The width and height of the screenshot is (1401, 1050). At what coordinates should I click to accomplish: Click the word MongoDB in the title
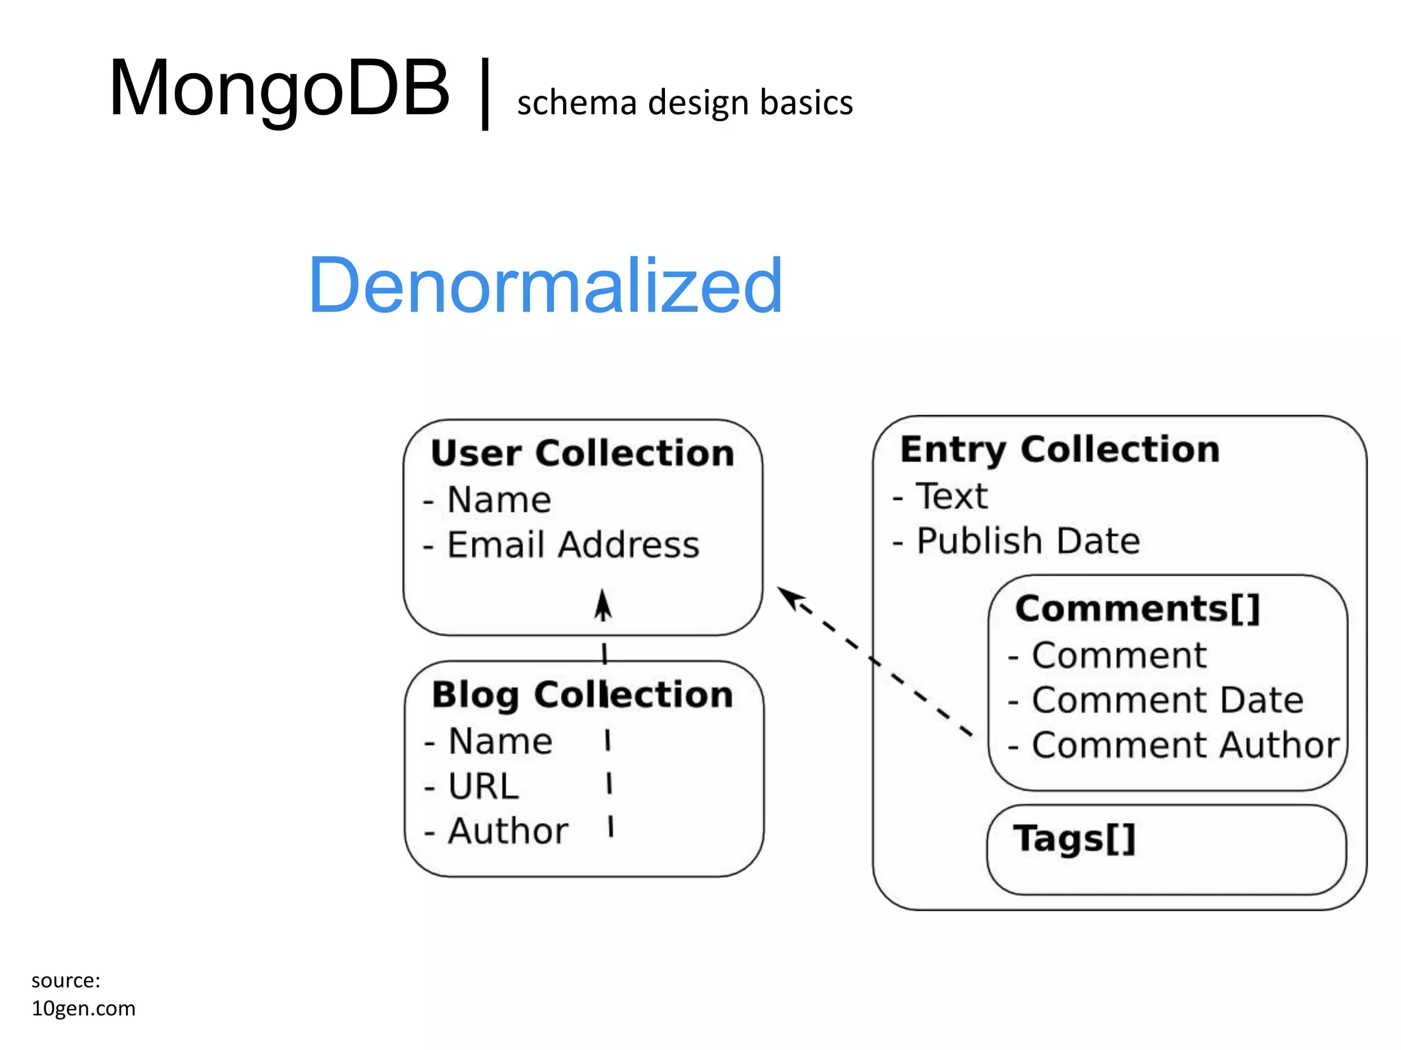click(x=279, y=89)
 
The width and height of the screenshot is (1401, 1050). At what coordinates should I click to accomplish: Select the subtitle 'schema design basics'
click(x=685, y=103)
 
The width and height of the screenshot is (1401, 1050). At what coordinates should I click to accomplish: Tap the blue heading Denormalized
click(x=545, y=285)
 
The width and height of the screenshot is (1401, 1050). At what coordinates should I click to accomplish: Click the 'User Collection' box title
click(x=582, y=453)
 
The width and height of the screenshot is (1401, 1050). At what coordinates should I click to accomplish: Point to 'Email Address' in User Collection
click(x=573, y=545)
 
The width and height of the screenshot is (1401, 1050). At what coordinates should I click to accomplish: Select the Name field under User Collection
click(x=499, y=500)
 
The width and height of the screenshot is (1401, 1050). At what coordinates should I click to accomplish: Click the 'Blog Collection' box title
click(x=582, y=695)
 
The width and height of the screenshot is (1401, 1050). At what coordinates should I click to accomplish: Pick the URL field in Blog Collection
click(x=483, y=786)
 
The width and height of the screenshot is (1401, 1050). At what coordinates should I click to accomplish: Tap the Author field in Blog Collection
click(x=508, y=831)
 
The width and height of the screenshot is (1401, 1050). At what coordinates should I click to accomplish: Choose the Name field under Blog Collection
click(x=500, y=741)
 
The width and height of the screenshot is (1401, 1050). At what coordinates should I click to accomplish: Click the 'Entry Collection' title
click(x=1060, y=450)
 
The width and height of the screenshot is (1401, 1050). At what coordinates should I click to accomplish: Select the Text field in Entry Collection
click(x=952, y=496)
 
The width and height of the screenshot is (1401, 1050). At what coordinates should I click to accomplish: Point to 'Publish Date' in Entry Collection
click(x=1027, y=541)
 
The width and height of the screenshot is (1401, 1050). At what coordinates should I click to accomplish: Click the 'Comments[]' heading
click(x=1137, y=608)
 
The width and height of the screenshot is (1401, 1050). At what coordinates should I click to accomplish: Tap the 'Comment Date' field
click(x=1167, y=700)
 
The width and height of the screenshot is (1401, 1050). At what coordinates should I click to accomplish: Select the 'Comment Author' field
click(x=1184, y=745)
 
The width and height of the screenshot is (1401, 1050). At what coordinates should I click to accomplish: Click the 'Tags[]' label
click(x=1074, y=838)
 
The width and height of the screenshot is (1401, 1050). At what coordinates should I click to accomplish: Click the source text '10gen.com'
click(x=83, y=1008)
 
